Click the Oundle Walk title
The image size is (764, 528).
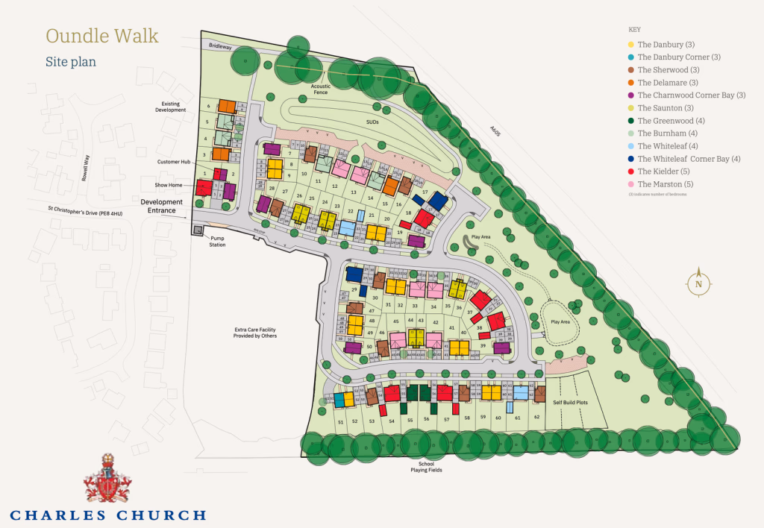pos(101,36)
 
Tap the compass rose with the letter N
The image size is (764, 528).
pos(698,283)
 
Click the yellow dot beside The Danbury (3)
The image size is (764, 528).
pos(631,45)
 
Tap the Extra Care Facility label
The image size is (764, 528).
pos(255,333)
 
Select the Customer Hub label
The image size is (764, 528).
pos(172,162)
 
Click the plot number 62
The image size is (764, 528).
pos(536,417)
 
